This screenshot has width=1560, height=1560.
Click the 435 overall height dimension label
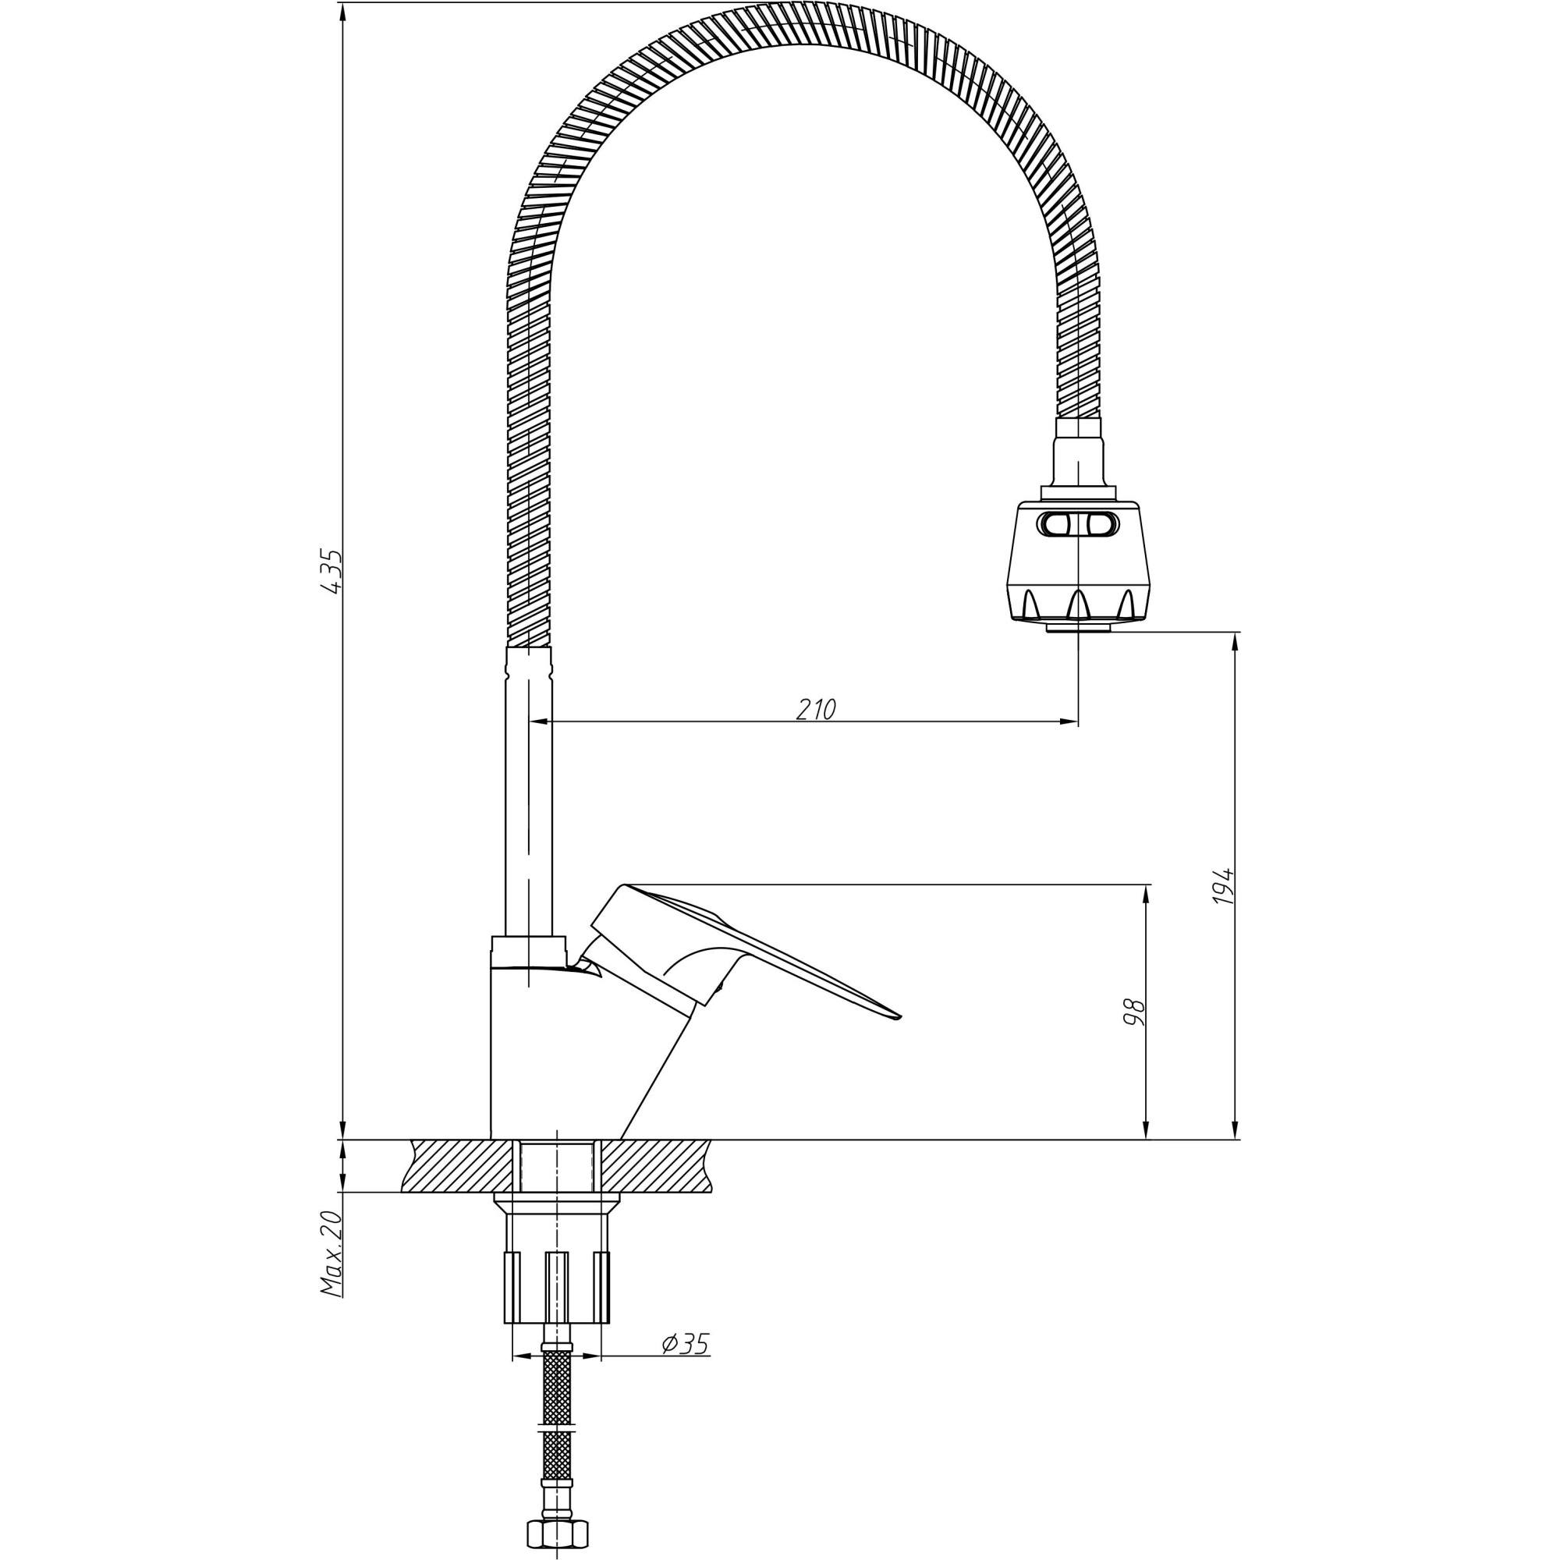click(331, 572)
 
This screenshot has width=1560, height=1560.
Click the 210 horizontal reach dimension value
click(816, 710)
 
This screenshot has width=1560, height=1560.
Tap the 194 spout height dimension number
click(1224, 886)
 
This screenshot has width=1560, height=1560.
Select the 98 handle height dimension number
click(1134, 1012)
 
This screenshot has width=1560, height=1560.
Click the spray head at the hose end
click(1078, 565)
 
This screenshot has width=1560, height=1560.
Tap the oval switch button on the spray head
click(1078, 525)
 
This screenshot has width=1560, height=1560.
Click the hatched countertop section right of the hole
click(654, 1165)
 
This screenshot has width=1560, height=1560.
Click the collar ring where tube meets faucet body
click(529, 946)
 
